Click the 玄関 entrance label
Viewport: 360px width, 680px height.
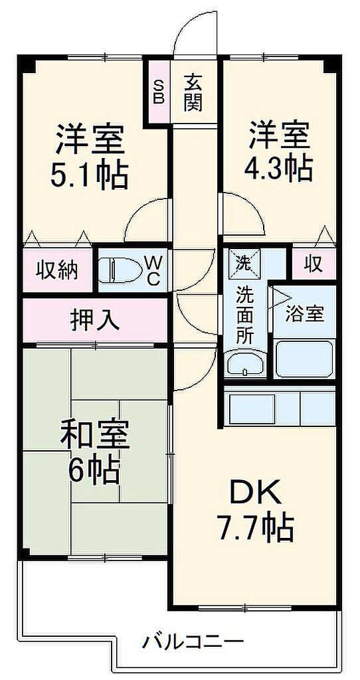pos(193,93)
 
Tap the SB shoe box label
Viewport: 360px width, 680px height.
pos(159,92)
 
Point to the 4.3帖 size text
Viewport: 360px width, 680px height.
pos(278,169)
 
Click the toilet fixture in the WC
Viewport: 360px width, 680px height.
pos(117,270)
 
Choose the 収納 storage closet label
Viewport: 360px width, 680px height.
pos(56,271)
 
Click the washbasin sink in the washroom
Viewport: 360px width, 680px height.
pos(246,364)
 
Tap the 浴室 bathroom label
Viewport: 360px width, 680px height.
pos(305,313)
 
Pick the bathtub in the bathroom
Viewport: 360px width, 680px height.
pos(304,359)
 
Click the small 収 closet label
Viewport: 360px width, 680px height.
pos(313,265)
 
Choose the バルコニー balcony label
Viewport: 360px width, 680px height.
pos(193,641)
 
